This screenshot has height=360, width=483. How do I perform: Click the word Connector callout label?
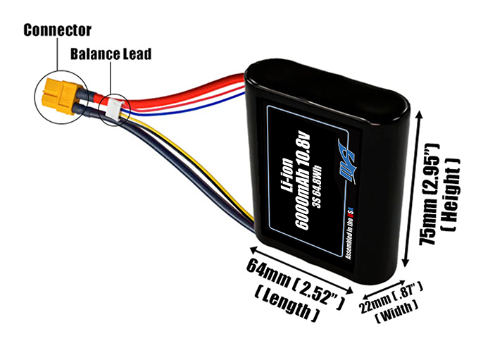point(57,30)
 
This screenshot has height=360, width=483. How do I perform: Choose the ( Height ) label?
point(454,194)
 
